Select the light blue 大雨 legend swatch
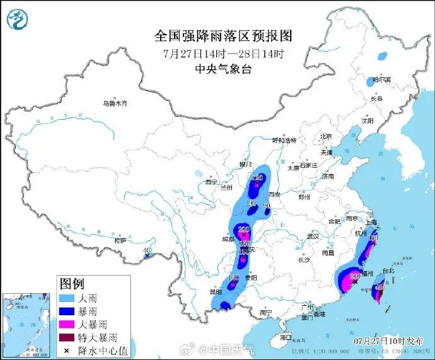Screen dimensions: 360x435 tap(67, 297)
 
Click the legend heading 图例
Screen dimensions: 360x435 tap(72, 282)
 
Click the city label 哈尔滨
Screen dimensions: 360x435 tap(381, 80)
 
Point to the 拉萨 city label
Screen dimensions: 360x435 tap(120, 240)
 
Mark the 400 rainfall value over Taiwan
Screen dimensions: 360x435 tap(380, 287)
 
